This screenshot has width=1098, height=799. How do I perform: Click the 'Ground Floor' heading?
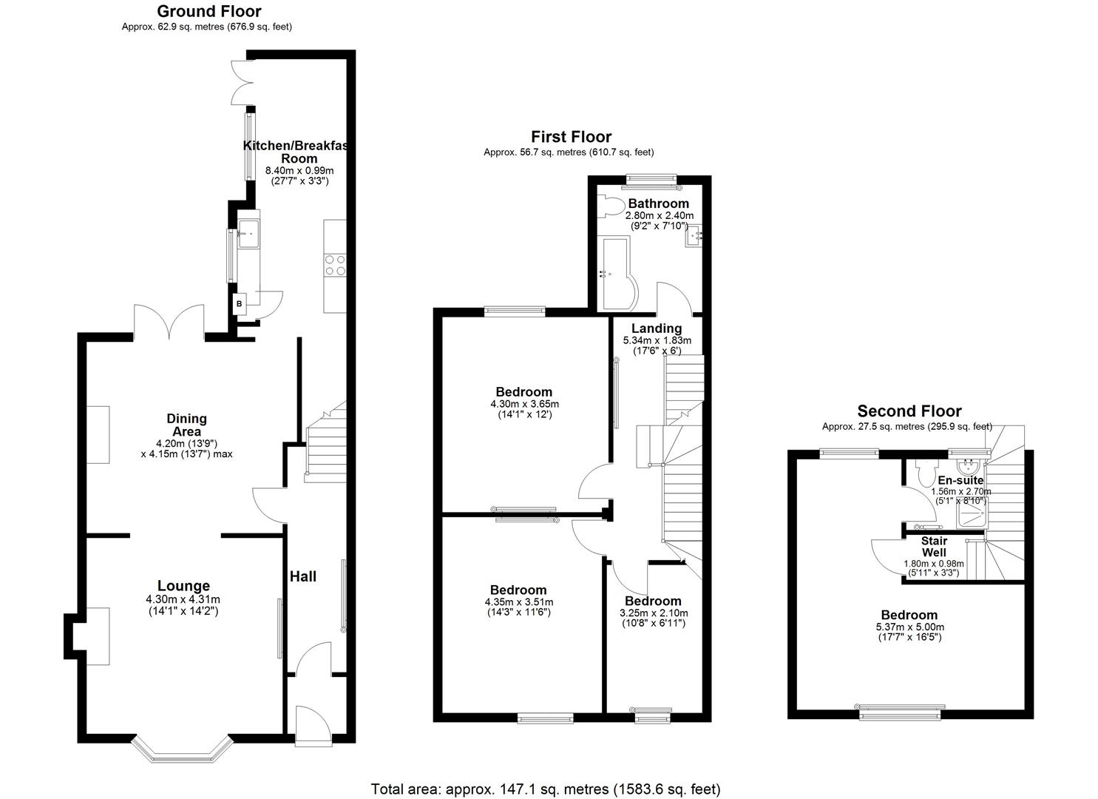[x=209, y=11]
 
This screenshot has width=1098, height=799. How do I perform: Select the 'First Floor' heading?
[x=571, y=137]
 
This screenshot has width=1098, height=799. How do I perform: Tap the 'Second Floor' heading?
[x=909, y=411]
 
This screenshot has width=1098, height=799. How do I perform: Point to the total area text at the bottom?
[x=545, y=789]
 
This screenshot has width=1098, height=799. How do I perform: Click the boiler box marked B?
[x=240, y=303]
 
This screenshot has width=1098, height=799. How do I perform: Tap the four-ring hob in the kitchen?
[x=335, y=265]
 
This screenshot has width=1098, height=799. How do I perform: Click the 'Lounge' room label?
[x=183, y=586]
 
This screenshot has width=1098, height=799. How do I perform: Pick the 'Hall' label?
[x=303, y=576]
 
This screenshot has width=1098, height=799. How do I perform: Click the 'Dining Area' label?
[x=186, y=425]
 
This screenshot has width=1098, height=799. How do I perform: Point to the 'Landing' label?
[x=657, y=328]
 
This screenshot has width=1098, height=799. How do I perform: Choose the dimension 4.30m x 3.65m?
[x=524, y=404]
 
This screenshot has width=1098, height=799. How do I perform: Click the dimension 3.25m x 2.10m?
[x=653, y=613]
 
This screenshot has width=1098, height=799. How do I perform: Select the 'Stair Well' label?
[x=934, y=547]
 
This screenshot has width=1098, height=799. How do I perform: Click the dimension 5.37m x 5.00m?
[x=909, y=627]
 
